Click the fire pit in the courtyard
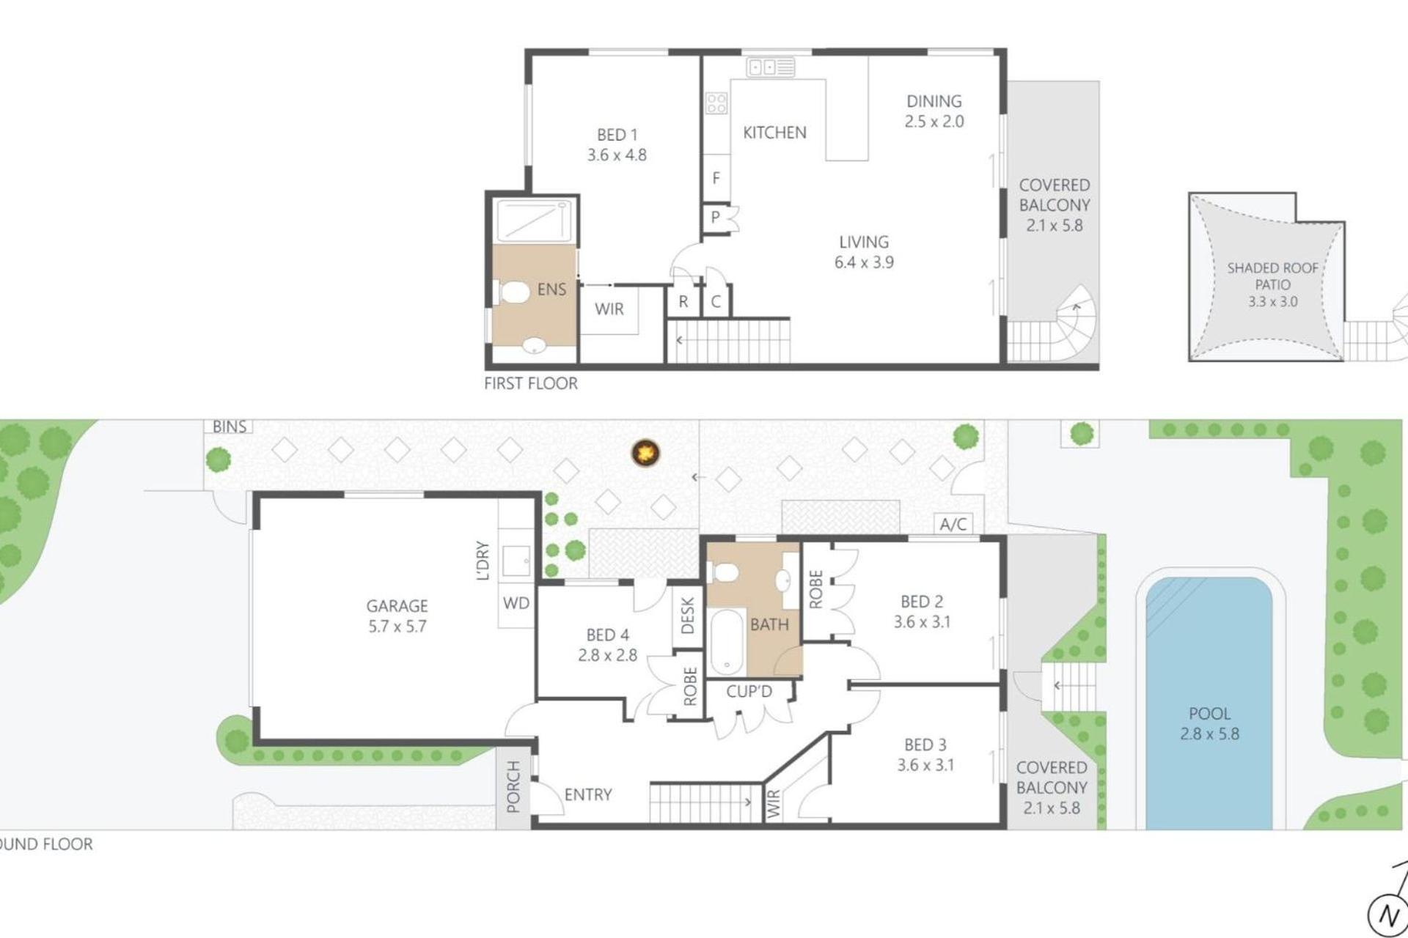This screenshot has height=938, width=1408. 645,453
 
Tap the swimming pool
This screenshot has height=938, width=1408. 1209,703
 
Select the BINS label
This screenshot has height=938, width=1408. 229,426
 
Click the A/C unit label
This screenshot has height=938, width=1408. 953,523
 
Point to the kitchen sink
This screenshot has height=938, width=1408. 770,67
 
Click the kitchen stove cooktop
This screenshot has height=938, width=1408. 716,103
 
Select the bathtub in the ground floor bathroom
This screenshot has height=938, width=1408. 727,643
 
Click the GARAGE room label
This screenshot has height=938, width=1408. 397,606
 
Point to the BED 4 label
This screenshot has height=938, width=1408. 607,635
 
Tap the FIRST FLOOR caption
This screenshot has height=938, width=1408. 530,383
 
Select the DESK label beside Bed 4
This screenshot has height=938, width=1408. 687,615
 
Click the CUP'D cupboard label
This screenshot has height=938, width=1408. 749,692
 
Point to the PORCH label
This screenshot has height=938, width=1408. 513,786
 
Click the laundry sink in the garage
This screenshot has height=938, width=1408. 516,561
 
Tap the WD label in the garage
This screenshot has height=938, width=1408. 516,603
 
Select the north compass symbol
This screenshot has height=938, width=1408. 1388,914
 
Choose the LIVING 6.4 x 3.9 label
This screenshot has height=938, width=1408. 864,252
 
